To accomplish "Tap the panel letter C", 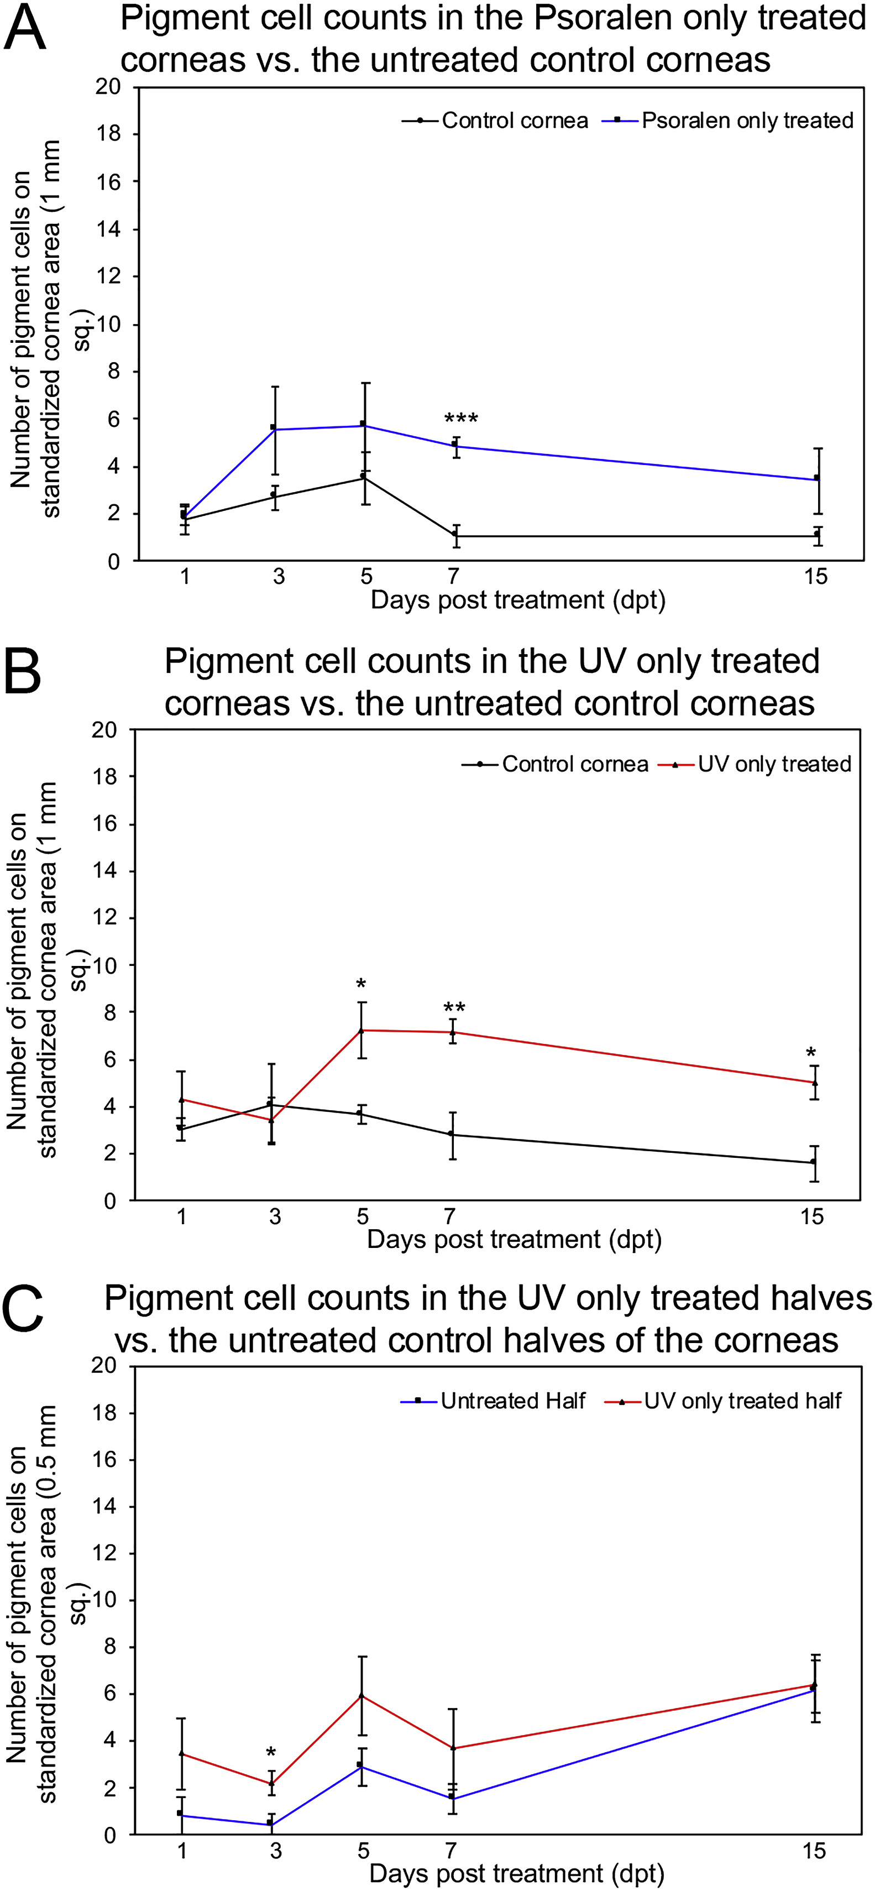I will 23,1313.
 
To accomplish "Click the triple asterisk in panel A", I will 461,420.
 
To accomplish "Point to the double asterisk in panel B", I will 454,1008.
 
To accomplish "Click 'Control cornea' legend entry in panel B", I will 575,764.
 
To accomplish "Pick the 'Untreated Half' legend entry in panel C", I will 512,1401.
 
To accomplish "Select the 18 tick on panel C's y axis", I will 104,1413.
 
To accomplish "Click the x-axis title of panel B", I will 514,1239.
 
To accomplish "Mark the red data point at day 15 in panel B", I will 814,1083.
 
